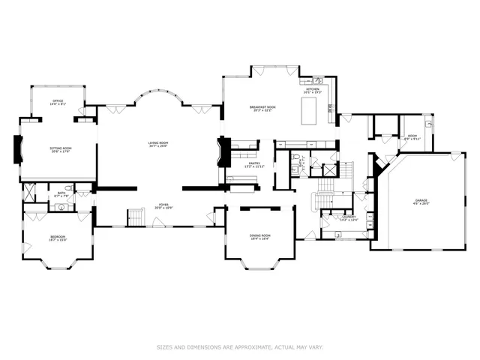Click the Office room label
tap(58, 103)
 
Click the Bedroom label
tap(58, 238)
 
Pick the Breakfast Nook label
tap(261, 109)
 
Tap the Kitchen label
tap(312, 90)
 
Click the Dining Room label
tap(260, 237)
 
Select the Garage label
tap(421, 201)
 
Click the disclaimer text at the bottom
tap(239, 346)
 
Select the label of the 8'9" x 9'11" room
tap(412, 138)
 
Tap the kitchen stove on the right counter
tap(331, 109)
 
